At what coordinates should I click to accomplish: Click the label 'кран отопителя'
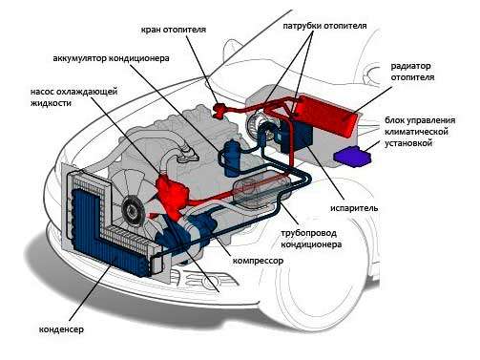174,30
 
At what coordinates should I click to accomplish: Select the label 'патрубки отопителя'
324,26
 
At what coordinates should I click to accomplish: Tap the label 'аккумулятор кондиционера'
111,58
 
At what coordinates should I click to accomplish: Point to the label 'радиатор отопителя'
412,72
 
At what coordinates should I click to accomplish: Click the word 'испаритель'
354,208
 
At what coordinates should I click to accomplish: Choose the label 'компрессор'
258,261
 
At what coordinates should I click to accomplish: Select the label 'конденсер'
61,328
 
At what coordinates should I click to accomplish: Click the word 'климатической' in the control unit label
416,132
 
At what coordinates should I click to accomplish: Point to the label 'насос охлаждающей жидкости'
73,97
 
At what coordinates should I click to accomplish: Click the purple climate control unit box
352,156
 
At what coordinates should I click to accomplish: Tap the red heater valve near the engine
219,110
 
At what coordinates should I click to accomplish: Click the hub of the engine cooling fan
133,210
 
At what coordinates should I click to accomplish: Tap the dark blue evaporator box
297,136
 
